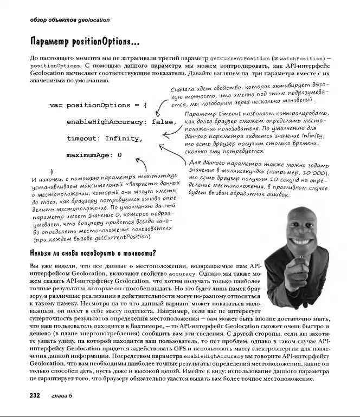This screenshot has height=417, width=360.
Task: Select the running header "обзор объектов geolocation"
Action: (69, 20)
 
